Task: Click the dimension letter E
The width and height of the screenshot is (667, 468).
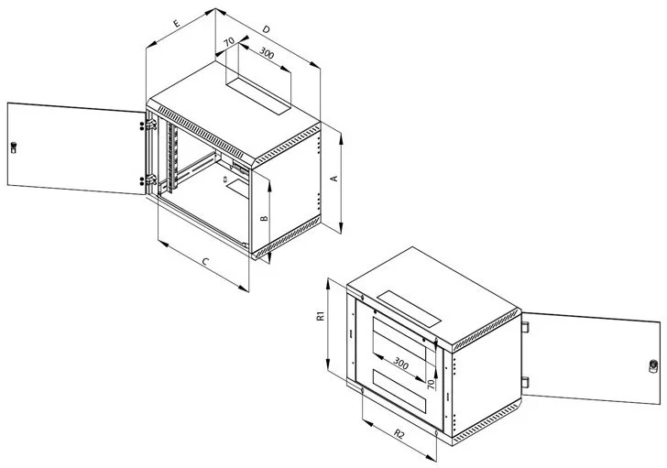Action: [177, 24]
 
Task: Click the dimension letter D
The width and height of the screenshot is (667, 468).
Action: [266, 29]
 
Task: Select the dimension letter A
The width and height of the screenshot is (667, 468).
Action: [334, 178]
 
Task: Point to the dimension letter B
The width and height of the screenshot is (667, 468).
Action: [264, 218]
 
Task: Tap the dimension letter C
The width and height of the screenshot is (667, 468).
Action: [205, 261]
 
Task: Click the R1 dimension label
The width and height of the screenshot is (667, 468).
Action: [321, 316]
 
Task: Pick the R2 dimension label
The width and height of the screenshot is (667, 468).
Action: [399, 434]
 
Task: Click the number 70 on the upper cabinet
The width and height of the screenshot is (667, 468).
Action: [229, 41]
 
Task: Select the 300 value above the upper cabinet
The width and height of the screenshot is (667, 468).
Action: [267, 53]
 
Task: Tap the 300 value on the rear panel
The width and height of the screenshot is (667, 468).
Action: [400, 363]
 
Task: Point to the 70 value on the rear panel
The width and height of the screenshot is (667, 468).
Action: [431, 385]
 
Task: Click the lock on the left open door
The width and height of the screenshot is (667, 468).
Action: [14, 147]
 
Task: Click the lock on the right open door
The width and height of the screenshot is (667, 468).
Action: [653, 366]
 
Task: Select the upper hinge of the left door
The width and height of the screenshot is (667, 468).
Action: [150, 125]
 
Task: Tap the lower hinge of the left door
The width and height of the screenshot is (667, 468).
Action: [150, 180]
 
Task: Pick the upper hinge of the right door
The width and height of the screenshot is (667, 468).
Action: [525, 327]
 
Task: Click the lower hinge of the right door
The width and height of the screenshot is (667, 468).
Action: [525, 382]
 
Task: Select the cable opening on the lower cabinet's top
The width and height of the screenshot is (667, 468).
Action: [409, 308]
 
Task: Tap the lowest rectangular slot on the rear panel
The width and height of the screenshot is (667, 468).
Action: [399, 391]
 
